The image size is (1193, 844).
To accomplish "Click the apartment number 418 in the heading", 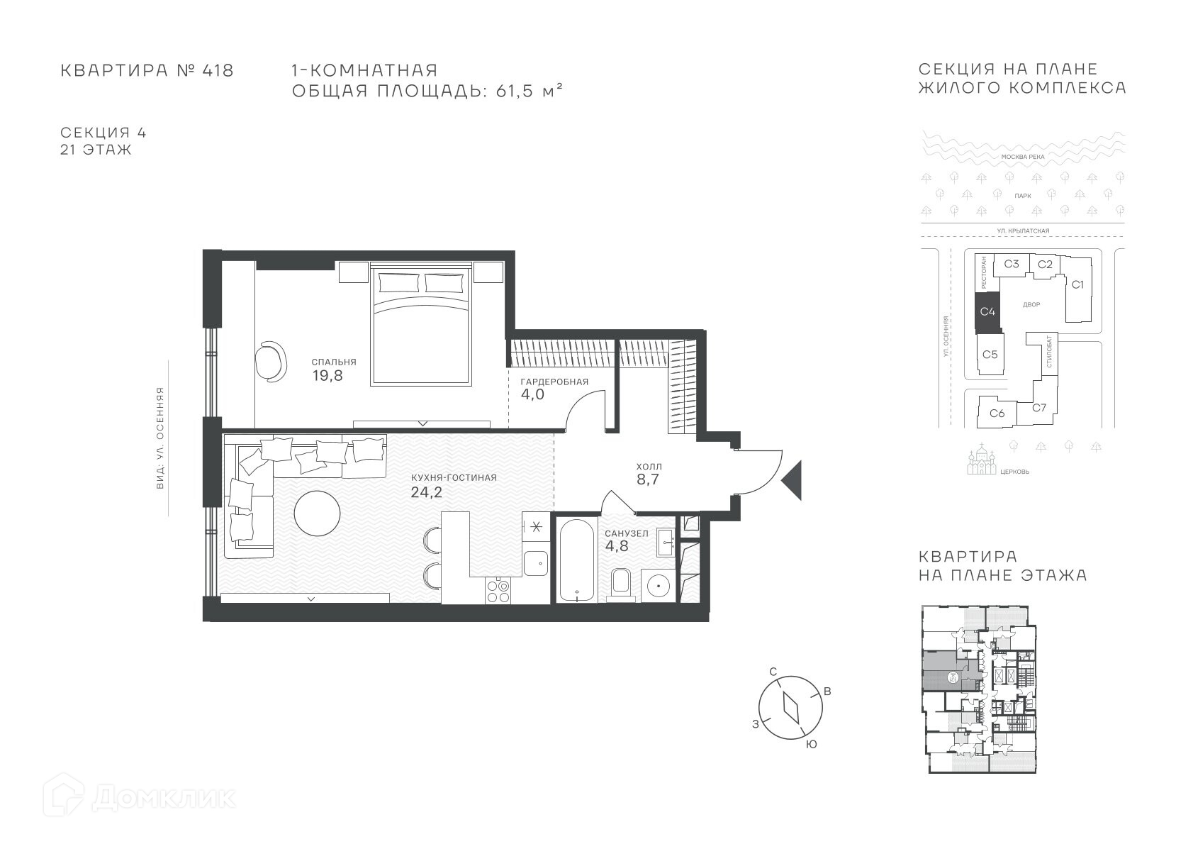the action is point(218,70).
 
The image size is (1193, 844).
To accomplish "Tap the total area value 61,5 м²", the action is point(529,91).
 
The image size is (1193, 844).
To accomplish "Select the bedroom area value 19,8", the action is point(327,376).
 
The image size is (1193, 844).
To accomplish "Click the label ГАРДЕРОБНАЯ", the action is point(554,382).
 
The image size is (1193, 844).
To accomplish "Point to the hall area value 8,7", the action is point(648,479).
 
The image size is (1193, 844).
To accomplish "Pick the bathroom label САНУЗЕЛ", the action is point(627,533).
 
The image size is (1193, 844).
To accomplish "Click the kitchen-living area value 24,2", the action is point(426,492).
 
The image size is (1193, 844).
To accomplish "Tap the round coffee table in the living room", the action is point(317,513).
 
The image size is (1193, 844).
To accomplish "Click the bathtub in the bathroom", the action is point(577,560).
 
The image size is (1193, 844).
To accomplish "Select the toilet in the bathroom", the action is point(622,584).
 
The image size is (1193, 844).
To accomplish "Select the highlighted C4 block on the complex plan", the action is point(987,311).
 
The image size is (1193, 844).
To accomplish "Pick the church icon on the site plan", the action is point(981,460).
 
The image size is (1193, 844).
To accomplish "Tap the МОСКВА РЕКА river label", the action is point(1023,157).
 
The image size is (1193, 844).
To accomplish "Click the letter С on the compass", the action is point(773,672).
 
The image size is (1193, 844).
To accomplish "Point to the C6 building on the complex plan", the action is point(997,413).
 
